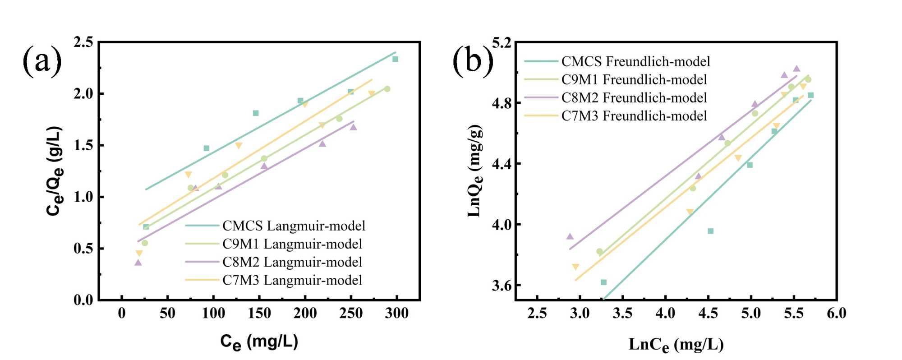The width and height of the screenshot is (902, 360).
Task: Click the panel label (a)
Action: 42,60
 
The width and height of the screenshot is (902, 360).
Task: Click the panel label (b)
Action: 473,60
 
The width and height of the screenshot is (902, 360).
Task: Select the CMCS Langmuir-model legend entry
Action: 294,226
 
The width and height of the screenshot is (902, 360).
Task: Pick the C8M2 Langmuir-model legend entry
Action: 292,262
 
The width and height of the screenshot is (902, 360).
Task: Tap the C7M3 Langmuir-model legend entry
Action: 292,280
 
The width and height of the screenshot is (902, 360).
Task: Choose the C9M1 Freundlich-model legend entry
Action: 634,80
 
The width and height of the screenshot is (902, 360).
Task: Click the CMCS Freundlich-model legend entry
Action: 635,61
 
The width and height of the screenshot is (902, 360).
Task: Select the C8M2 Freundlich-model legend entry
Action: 634,98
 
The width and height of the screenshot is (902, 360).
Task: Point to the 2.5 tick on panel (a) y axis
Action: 83,42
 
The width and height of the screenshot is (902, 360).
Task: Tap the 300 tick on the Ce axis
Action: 396,314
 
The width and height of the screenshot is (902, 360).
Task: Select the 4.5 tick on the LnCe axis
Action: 708,314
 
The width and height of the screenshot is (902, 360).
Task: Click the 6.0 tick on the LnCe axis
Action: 836,314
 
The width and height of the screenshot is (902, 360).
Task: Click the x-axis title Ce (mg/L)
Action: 259,342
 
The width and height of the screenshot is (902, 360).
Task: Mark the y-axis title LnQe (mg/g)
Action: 475,171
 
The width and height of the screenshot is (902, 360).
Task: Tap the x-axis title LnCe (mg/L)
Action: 676,345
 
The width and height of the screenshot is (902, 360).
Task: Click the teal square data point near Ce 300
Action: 395,59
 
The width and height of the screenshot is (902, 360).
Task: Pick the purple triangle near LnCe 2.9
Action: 570,236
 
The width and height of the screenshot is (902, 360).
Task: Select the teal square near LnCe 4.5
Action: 710,231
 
